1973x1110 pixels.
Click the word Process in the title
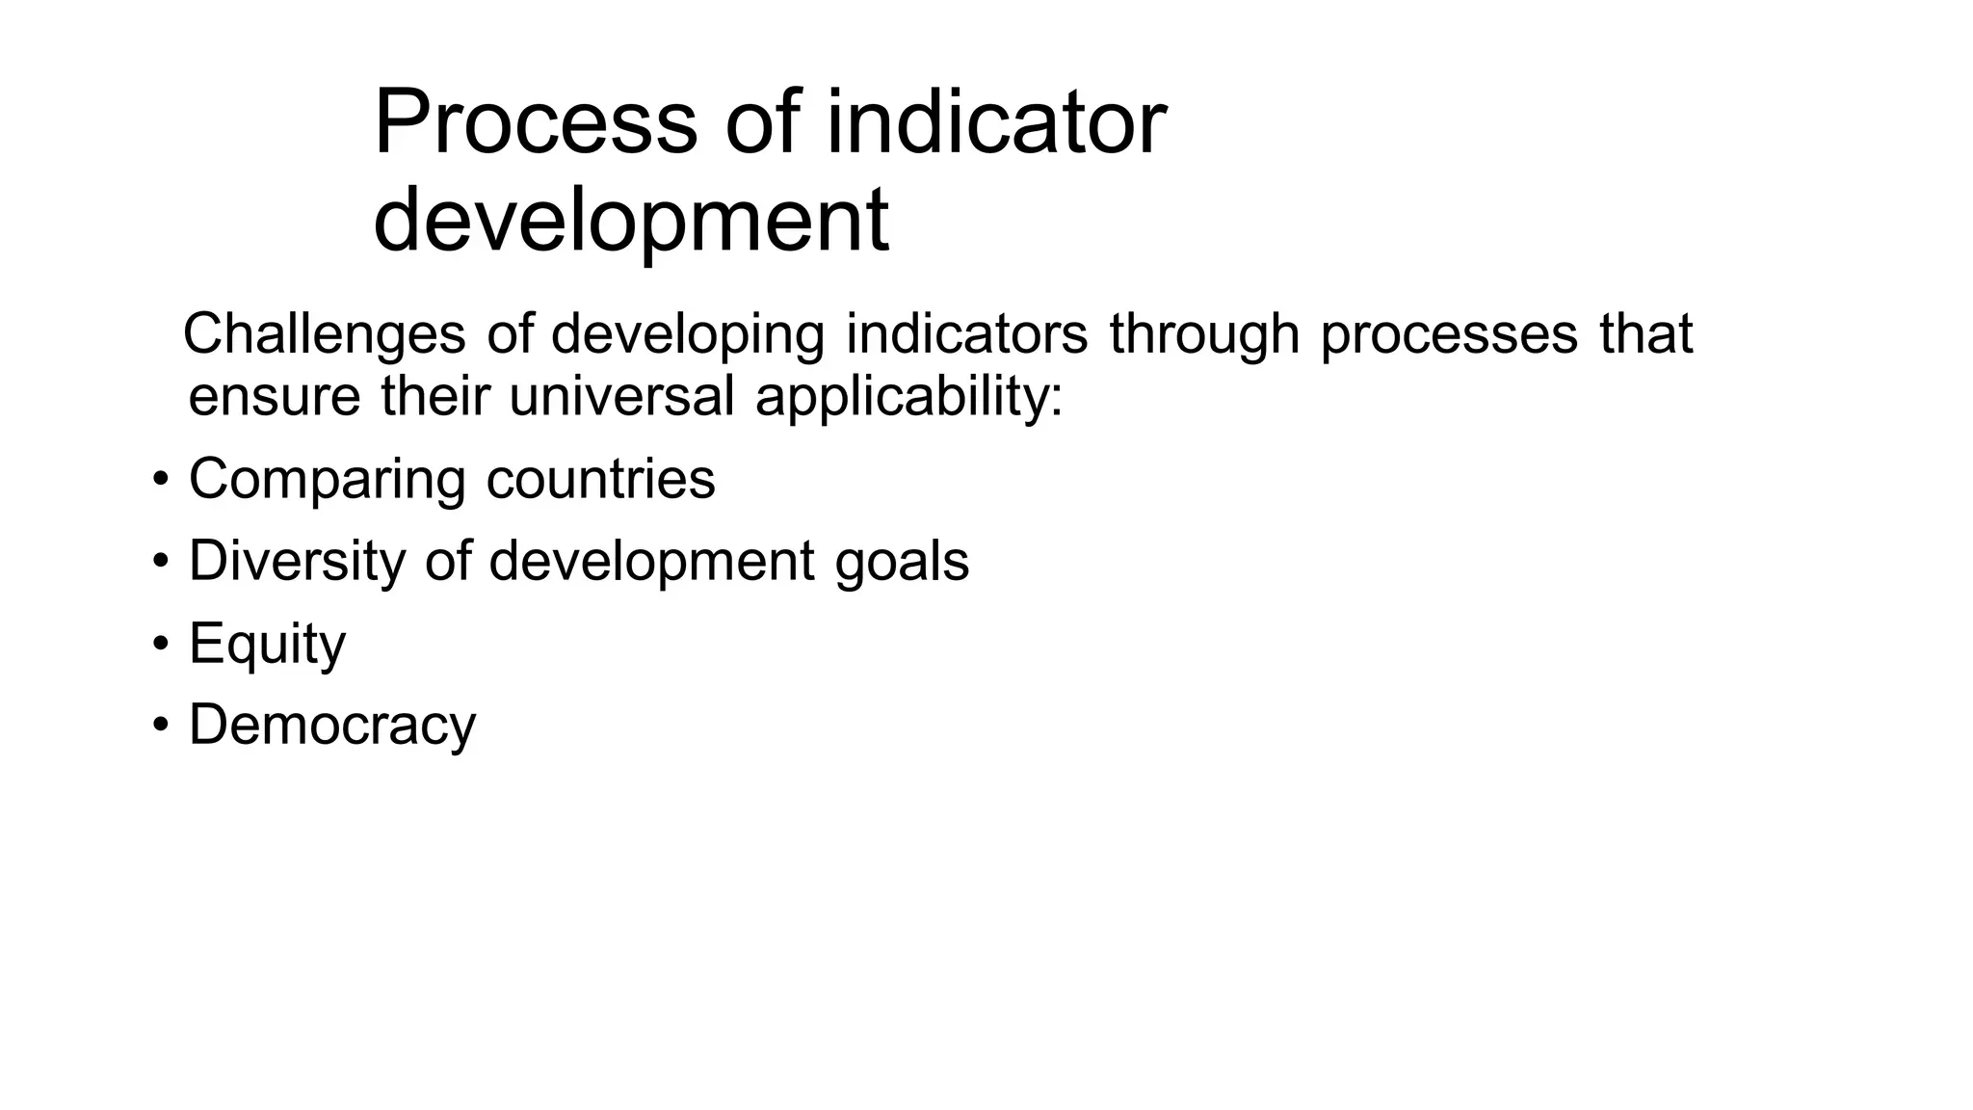(535, 122)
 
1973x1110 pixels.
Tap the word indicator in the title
(996, 122)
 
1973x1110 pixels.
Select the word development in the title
(631, 221)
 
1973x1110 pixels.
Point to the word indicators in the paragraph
(966, 334)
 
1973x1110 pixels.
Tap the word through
(1203, 334)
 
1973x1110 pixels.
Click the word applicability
(908, 396)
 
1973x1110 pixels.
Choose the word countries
(600, 478)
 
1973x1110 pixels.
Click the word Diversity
(297, 561)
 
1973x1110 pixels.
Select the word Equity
(267, 645)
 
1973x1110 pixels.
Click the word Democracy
(332, 726)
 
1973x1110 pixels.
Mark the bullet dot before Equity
(161, 643)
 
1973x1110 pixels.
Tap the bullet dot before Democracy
(161, 725)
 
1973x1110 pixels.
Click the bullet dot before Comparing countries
(161, 479)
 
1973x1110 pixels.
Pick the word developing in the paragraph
(687, 334)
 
